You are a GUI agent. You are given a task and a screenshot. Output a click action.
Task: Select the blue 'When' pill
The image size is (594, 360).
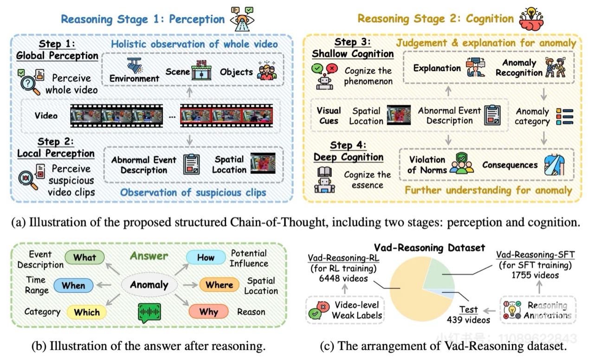click(x=73, y=285)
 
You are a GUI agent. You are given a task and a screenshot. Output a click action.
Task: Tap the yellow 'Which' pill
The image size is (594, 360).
click(x=87, y=312)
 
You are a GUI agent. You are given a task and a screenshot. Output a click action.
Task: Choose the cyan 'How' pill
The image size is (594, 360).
click(x=206, y=257)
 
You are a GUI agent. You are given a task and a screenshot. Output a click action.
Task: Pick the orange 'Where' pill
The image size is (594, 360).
click(x=220, y=284)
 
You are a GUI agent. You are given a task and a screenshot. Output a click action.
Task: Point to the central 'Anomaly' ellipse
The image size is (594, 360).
click(x=149, y=285)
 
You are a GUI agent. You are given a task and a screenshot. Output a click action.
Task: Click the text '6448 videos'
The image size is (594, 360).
click(x=337, y=278)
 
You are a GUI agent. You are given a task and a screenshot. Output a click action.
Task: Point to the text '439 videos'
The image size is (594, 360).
click(x=468, y=320)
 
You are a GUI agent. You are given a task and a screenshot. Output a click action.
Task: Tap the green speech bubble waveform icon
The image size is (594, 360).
click(x=149, y=313)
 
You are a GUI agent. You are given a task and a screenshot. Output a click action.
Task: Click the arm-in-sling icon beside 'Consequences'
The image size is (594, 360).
click(x=555, y=164)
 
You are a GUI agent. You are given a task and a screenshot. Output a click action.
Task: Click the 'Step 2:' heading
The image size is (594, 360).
click(x=55, y=141)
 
